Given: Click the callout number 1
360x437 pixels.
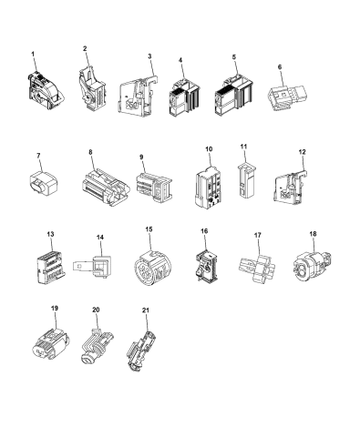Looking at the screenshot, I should pos(34,55).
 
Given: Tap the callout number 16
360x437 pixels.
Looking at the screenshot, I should pos(204,232).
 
